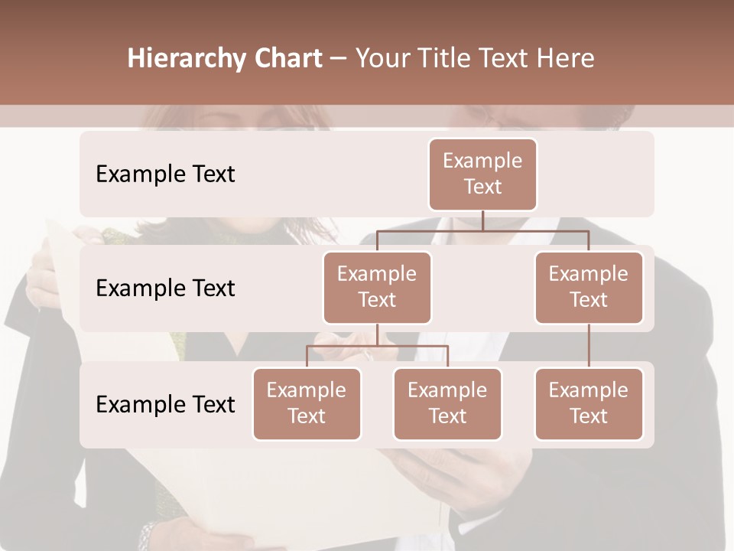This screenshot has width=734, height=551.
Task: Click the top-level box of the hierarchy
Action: coord(482,174)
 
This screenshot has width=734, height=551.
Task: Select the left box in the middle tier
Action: coord(377,288)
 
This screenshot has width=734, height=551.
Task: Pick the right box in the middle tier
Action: coord(589,288)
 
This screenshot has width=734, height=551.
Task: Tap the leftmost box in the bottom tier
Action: coord(307,404)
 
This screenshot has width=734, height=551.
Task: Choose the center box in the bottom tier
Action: coord(447,404)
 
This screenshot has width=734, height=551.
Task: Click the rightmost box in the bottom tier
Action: coord(589,404)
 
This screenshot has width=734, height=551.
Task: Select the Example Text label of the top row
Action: coord(165,174)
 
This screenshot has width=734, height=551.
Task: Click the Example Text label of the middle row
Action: coord(165,289)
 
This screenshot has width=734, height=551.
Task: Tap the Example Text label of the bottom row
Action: coord(165,404)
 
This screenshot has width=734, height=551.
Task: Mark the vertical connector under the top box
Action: coord(482,220)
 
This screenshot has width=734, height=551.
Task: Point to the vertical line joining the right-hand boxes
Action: coord(589,346)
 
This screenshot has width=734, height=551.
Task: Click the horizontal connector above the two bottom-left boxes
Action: coord(377,346)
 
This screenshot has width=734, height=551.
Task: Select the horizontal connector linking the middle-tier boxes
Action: coord(482,230)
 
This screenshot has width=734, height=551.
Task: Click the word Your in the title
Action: coord(382,58)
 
